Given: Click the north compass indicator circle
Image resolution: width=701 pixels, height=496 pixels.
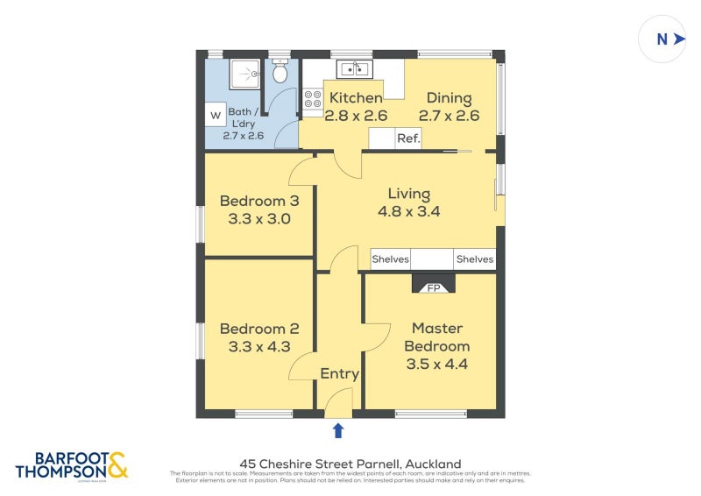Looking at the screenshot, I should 662,39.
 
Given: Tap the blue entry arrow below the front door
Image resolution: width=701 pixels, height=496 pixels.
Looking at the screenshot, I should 338,430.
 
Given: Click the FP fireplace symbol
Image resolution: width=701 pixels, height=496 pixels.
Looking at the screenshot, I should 433,286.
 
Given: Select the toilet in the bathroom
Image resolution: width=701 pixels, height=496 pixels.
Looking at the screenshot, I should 280,73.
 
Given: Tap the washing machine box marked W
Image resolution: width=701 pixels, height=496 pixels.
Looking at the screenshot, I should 216,115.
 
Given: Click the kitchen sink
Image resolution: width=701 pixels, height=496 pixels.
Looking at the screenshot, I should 353,68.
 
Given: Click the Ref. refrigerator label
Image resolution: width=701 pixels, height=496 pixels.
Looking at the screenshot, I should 408,138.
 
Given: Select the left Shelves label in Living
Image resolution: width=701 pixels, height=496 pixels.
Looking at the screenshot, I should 391,259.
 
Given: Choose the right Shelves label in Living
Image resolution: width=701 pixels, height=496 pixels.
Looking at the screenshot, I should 474,259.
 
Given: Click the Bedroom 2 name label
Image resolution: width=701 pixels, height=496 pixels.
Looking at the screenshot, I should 258,329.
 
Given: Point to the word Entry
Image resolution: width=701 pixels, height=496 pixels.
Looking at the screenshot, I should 339,373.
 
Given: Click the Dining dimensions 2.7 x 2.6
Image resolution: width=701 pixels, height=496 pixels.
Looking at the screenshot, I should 449,115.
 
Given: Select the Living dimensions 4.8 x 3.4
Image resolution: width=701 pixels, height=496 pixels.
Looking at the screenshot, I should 409,211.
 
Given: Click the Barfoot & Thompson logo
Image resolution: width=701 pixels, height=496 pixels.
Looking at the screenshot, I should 72,465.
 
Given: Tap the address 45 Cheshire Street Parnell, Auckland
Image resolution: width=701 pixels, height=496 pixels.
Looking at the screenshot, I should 350,464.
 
